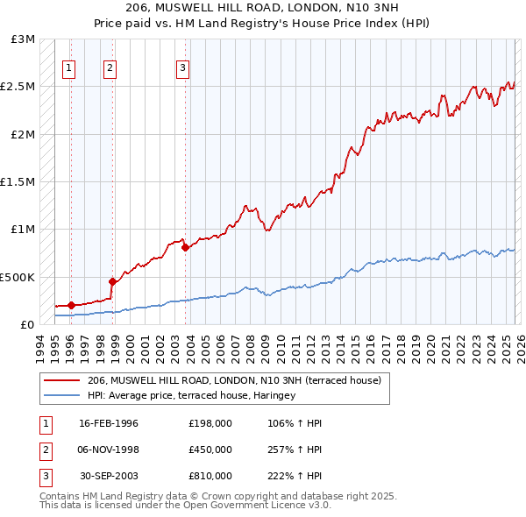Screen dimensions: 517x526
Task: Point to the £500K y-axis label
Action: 18,277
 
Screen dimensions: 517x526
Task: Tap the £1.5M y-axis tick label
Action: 18,182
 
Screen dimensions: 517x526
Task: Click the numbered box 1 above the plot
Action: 69,69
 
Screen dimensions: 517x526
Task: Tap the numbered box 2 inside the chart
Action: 110,69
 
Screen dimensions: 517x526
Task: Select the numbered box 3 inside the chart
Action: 182,69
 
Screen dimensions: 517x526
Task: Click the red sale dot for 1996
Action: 71,305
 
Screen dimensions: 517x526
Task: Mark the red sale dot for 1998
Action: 112,281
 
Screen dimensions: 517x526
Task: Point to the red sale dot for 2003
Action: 185,247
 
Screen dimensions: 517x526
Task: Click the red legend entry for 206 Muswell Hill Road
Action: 233,381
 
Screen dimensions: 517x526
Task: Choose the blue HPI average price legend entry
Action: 191,396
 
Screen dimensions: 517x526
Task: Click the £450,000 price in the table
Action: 210,450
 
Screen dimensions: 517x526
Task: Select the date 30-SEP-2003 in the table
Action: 109,476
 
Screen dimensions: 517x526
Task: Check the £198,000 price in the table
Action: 210,423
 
